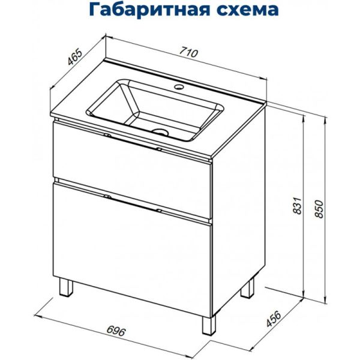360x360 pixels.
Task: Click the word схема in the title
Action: [x=245, y=10]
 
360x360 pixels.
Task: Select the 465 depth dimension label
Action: [x=75, y=58]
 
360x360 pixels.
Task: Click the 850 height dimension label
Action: [x=319, y=208]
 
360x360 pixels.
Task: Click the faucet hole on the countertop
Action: [x=178, y=89]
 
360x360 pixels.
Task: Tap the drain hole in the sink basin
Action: [x=160, y=130]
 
